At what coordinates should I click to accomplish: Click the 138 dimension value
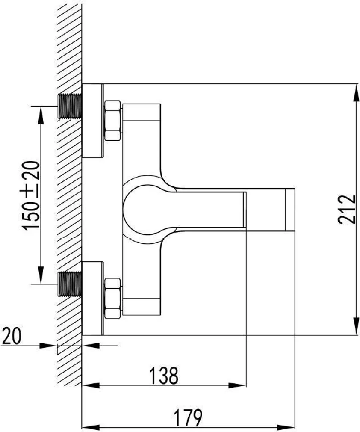(x=164, y=376)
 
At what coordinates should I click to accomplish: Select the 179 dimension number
(x=189, y=418)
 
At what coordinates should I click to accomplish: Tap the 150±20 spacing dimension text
(x=31, y=195)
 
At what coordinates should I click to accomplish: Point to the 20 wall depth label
(x=11, y=336)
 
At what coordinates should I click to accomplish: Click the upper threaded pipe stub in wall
(x=70, y=106)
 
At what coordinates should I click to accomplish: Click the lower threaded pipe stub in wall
(x=70, y=284)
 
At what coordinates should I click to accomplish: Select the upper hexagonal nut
(x=112, y=121)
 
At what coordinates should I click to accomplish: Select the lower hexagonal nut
(x=112, y=299)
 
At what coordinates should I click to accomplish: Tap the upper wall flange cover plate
(x=92, y=120)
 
